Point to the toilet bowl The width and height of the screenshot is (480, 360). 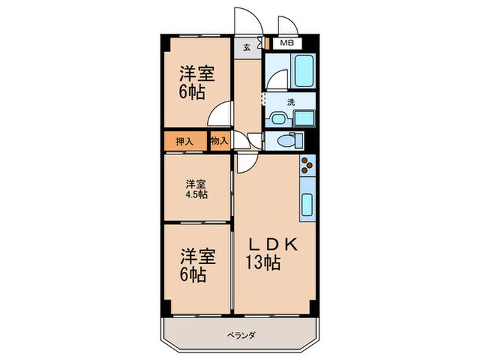coord(289,142)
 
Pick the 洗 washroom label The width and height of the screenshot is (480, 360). coord(291,101)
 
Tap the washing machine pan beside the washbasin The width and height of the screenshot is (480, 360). coord(302,118)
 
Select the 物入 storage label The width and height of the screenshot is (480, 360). coord(219,141)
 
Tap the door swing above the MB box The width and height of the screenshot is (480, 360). coord(288,24)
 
